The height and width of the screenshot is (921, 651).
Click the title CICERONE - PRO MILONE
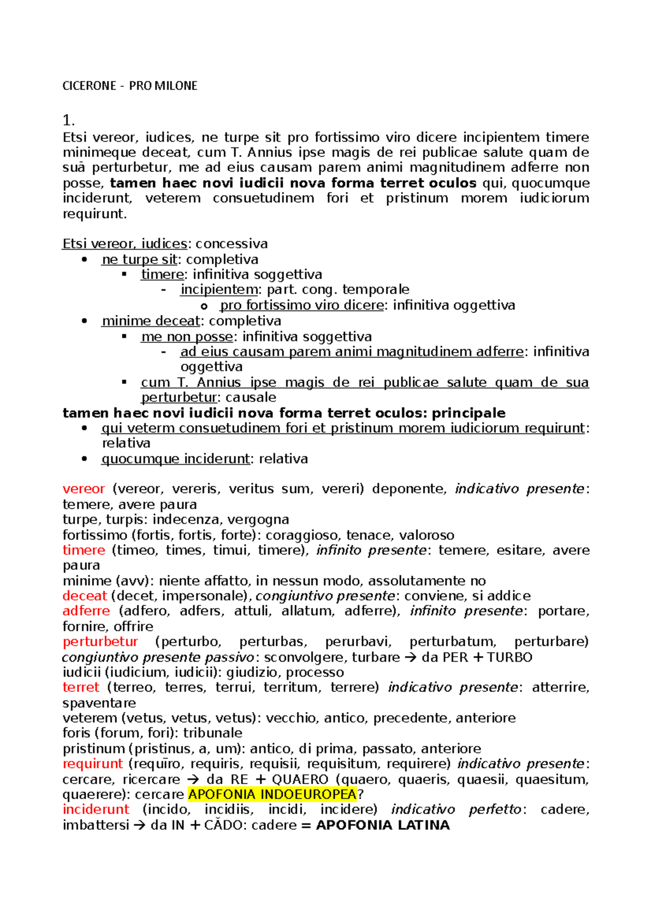130,86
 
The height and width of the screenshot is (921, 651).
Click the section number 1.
68,120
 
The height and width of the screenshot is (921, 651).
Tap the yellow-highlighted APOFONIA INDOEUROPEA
272,795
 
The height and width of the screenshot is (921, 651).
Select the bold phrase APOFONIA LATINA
382,825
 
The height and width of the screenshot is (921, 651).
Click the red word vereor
84,489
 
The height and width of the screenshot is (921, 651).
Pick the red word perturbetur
100,642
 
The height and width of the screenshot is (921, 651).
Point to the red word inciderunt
96,809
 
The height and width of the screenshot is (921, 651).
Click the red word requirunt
93,764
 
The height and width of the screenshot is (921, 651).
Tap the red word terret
81,687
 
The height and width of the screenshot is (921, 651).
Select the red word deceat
85,596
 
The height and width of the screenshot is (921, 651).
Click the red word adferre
86,611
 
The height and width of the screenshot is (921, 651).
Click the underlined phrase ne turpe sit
139,259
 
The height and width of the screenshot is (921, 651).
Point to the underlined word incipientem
219,290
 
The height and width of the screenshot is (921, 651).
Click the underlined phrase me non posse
187,337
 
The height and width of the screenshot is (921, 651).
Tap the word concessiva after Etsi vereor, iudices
232,244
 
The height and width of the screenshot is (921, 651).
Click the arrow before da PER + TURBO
411,657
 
